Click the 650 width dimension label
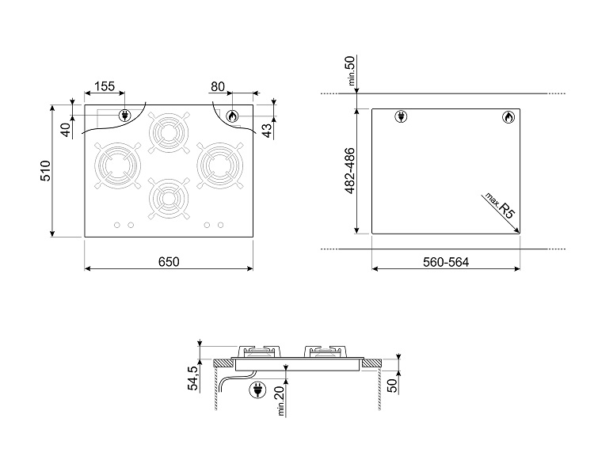click(169, 262)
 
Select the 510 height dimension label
click(45, 171)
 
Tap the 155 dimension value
click(105, 86)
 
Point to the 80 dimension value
click(218, 87)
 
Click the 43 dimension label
click(267, 131)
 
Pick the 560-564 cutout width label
click(446, 262)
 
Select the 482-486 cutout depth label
click(350, 170)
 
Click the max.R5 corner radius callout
click(501, 206)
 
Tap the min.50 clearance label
click(350, 70)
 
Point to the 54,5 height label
click(192, 378)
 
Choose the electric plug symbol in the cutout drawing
click(401, 116)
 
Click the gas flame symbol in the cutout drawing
click(508, 117)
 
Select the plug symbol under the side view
click(257, 389)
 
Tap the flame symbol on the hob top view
click(232, 116)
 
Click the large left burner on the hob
click(118, 165)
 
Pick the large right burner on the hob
click(220, 165)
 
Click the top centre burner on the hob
click(169, 132)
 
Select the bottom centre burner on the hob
click(169, 198)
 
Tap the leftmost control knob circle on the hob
click(117, 225)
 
